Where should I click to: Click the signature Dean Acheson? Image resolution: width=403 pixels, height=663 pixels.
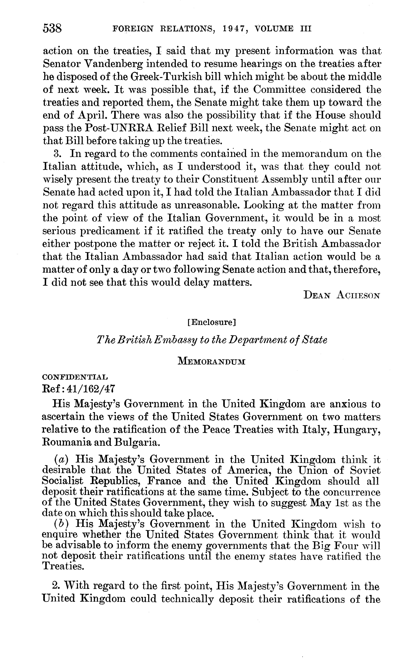point(342,295)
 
